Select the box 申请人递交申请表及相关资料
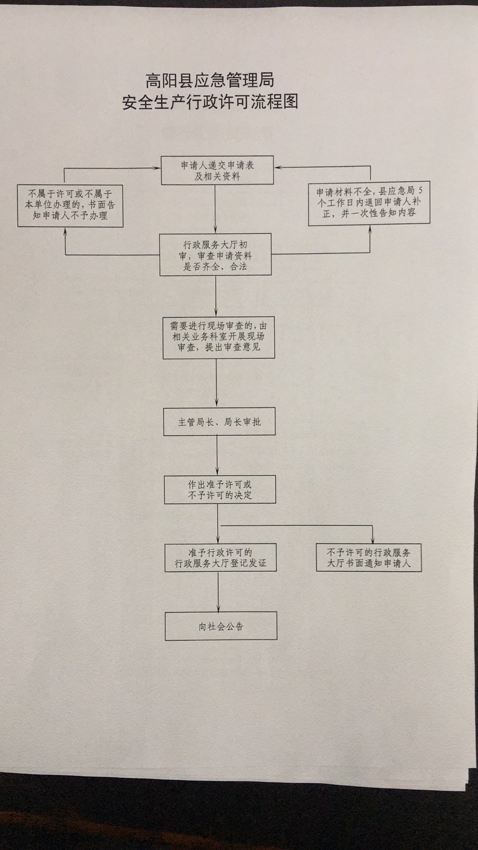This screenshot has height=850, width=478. click(x=217, y=170)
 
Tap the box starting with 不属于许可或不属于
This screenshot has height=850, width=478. click(x=70, y=205)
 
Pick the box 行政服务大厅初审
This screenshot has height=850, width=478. click(x=216, y=255)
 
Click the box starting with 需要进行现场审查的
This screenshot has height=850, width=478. click(x=218, y=337)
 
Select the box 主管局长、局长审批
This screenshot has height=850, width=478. click(x=219, y=422)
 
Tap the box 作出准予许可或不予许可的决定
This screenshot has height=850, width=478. click(x=220, y=490)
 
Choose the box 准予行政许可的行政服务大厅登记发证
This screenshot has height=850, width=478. click(x=220, y=558)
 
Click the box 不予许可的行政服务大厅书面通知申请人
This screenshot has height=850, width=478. click(x=369, y=558)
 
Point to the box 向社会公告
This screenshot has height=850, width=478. click(x=221, y=626)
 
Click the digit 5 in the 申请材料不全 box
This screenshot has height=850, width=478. click(x=423, y=190)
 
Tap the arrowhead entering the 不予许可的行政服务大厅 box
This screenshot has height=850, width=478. click(x=373, y=540)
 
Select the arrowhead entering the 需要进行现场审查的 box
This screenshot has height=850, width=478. click(x=216, y=313)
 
